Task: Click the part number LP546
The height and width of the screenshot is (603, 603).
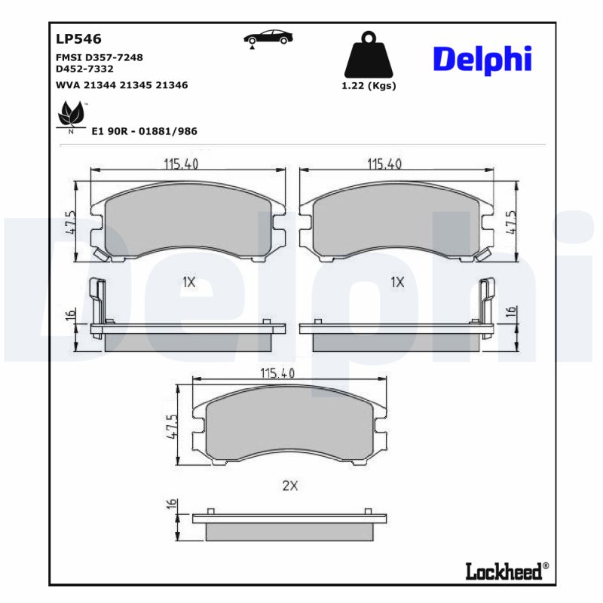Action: coord(78,38)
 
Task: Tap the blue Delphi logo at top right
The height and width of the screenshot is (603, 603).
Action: coord(482,60)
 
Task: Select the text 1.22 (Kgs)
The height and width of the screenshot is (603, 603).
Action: coord(369,85)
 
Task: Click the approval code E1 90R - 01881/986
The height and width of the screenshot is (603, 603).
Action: coord(143,130)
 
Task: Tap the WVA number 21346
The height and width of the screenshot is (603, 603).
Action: coord(171,85)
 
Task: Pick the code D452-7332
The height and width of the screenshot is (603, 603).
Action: coord(84,69)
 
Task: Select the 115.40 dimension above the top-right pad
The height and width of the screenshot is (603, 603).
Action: coord(384,164)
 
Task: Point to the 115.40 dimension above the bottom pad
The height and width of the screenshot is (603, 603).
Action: coord(277,372)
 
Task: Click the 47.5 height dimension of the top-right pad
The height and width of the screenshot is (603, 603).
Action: coord(513,224)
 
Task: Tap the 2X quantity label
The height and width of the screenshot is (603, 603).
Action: coord(290,486)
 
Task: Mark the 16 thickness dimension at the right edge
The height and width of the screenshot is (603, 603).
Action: coord(511,311)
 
